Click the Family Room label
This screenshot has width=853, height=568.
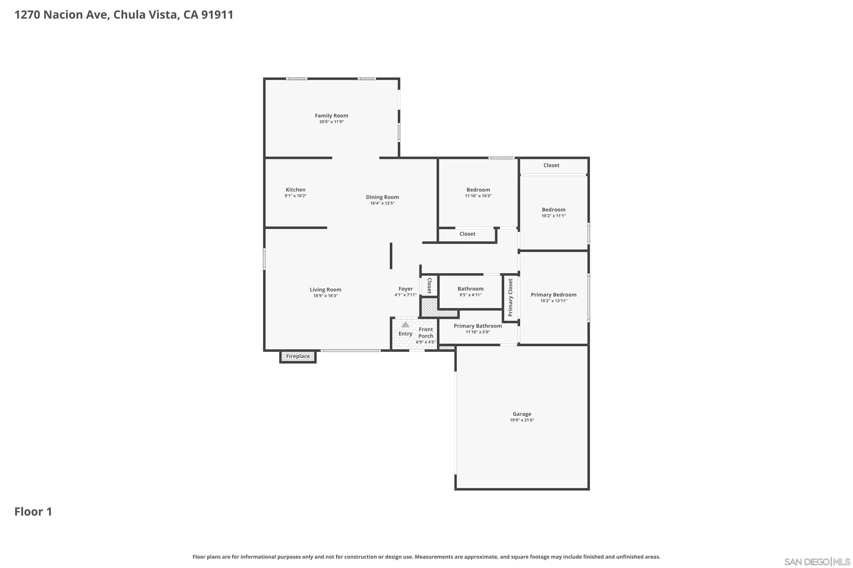tap(331, 116)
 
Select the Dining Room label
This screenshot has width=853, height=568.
tap(382, 197)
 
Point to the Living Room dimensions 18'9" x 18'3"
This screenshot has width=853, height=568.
tap(325, 296)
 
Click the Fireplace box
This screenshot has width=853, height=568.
tap(298, 356)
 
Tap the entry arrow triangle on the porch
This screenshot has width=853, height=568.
tap(405, 325)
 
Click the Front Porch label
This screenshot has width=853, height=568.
tap(425, 333)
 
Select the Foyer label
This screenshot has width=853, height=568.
tap(405, 289)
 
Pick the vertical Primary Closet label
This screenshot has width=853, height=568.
tap(510, 297)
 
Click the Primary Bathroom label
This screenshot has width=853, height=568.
tap(477, 326)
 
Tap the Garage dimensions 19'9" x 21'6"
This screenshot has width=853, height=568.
tap(521, 420)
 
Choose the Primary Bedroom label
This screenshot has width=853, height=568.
tap(553, 295)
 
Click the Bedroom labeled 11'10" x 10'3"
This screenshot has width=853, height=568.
tap(478, 190)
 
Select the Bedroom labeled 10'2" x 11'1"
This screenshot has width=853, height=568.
tap(553, 210)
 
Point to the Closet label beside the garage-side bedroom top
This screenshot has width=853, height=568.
tap(551, 165)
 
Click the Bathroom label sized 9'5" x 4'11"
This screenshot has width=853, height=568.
tap(470, 289)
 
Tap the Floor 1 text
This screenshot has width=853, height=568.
tap(33, 511)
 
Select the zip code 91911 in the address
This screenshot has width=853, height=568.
tap(217, 15)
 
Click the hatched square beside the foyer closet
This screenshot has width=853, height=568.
tap(429, 306)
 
